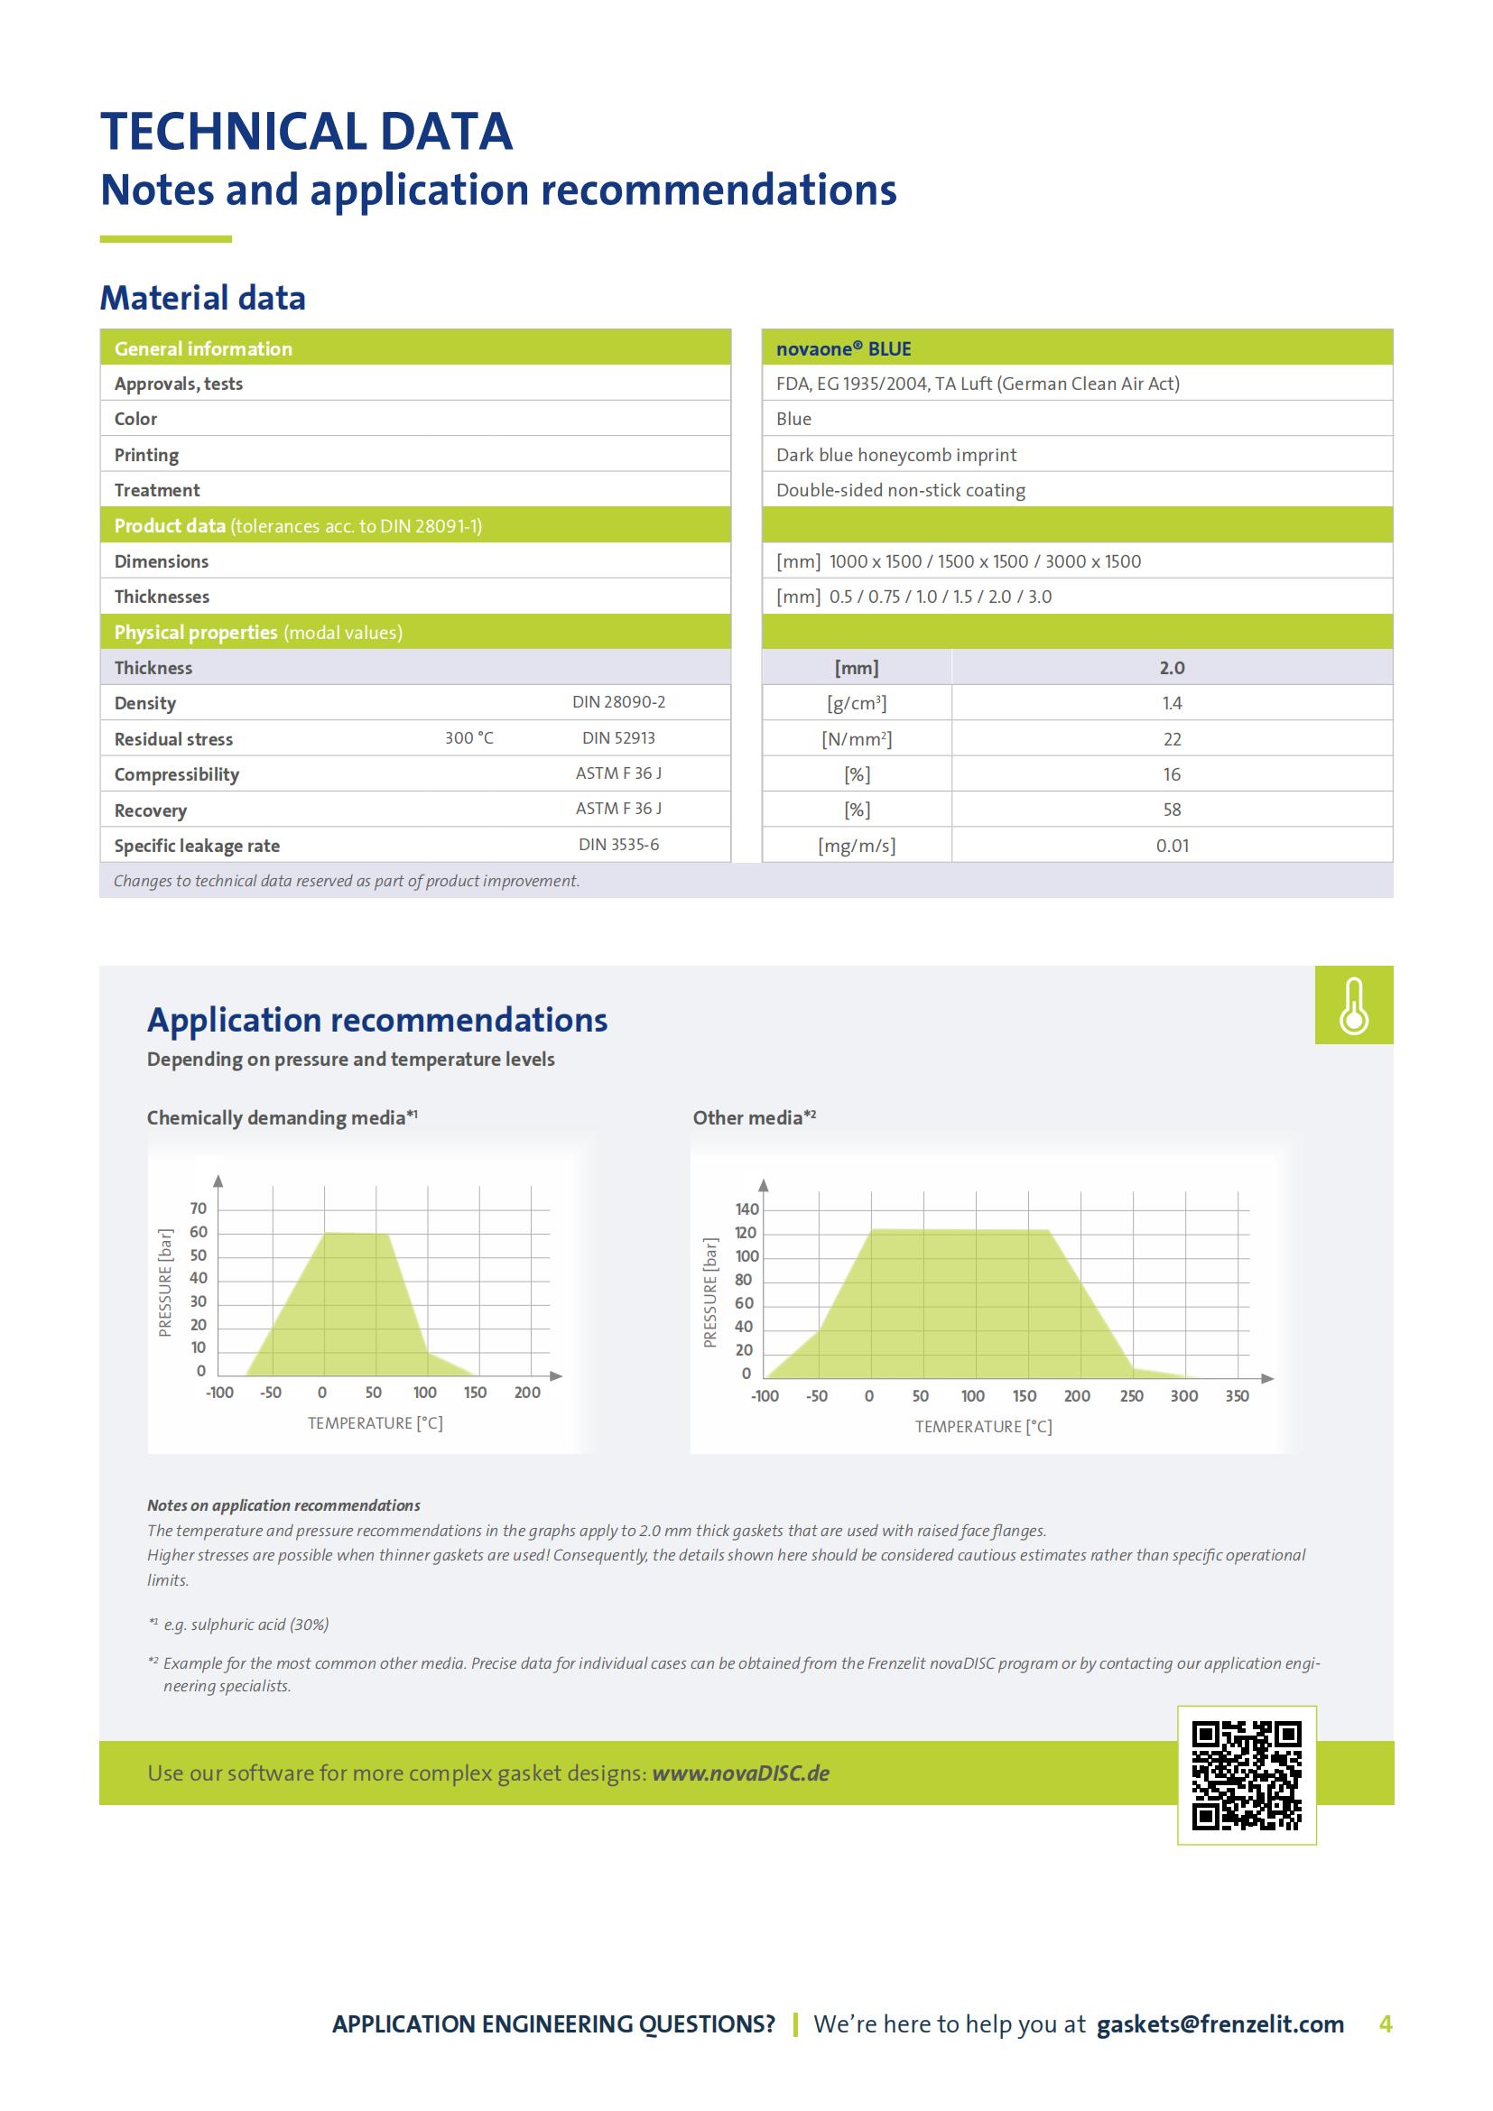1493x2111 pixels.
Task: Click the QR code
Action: pos(1247,1774)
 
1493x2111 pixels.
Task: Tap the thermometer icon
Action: pos(1353,1005)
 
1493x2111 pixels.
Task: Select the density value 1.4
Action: pos(1172,703)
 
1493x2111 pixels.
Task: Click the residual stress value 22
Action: pos(1172,739)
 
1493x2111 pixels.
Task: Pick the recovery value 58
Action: pos(1172,810)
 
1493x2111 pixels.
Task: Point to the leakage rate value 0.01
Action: pos(1173,846)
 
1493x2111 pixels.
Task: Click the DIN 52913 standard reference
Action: pos(617,738)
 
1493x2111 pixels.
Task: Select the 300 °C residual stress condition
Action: pos(468,738)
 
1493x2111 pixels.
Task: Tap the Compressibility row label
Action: pos(177,774)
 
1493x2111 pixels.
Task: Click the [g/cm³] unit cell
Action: pos(856,703)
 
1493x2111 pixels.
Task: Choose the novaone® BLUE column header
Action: pos(843,349)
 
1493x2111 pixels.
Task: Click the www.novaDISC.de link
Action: pos(740,1773)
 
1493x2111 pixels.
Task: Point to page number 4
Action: pos(1386,2023)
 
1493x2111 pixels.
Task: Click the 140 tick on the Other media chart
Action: pos(747,1209)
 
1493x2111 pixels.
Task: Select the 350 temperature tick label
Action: pos(1237,1395)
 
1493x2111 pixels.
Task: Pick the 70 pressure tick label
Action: pos(199,1208)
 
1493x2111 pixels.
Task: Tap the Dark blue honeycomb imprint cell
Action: pos(895,455)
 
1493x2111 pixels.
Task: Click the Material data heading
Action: pos(202,298)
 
